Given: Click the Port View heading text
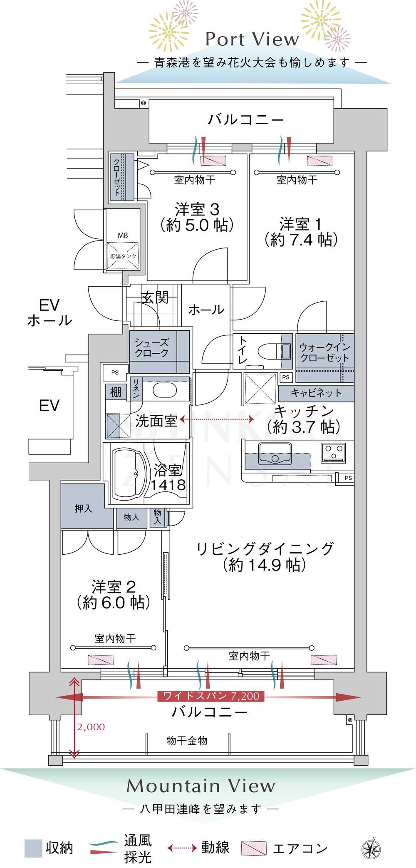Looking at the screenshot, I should click(252, 40).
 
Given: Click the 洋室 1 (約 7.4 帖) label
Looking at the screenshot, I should click(301, 232).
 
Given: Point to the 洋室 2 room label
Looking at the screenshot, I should click(113, 595).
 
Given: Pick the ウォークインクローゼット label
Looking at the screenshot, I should click(324, 352).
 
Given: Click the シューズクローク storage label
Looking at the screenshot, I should click(151, 348).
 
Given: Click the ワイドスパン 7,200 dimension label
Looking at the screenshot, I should click(211, 696).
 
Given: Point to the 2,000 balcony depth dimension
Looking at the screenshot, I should click(91, 727).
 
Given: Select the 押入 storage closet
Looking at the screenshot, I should click(83, 508).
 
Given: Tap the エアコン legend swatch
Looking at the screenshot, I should click(254, 848).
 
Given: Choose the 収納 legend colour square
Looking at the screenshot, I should click(33, 848).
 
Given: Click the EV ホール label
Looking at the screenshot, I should click(50, 312).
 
